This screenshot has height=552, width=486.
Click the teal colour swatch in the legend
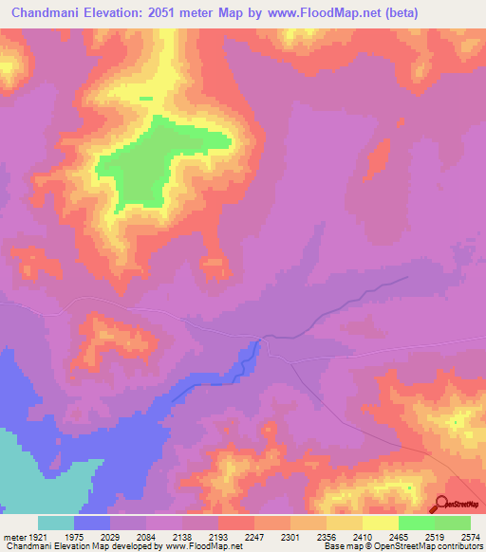click(x=56, y=523)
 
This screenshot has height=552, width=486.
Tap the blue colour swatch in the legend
click(x=92, y=523)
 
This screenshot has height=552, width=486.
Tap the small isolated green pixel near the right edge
click(x=455, y=420)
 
